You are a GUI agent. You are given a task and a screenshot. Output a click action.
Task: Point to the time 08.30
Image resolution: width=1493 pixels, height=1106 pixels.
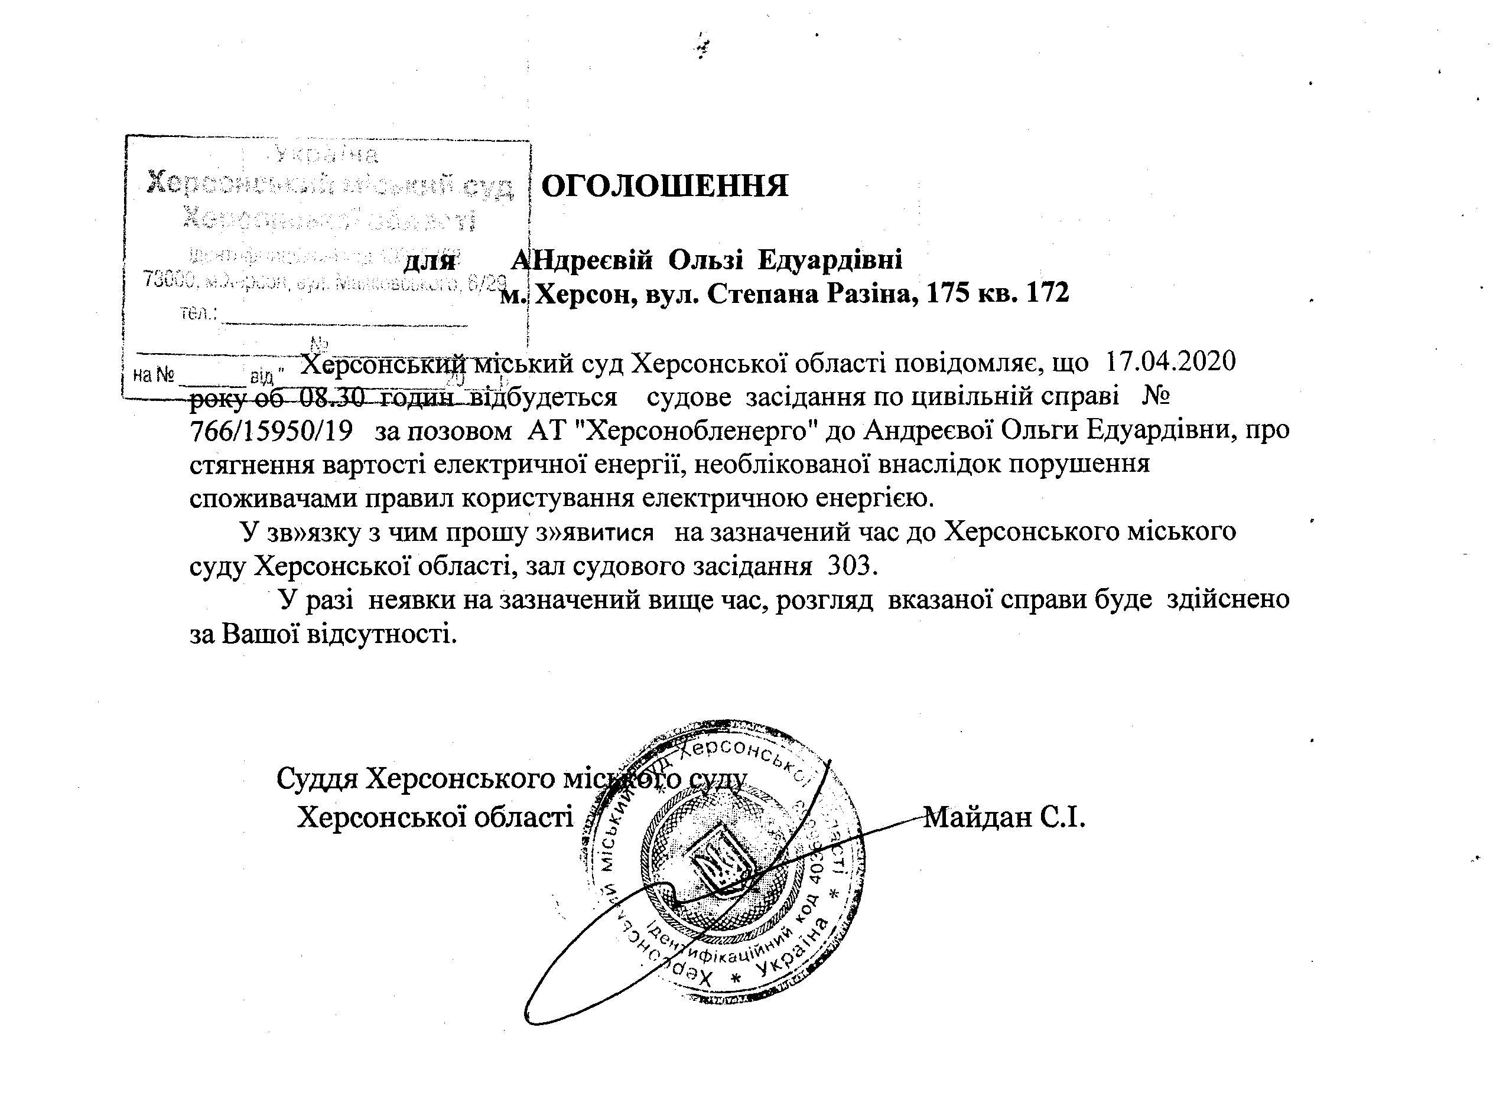[x=332, y=397]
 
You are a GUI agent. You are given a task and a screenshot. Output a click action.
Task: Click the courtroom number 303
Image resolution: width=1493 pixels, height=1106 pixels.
[x=851, y=566]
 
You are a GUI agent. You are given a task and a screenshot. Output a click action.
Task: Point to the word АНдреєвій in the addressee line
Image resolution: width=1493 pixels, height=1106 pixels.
[x=581, y=259]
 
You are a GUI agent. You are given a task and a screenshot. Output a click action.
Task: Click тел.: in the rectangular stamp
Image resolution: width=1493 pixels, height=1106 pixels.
[x=199, y=312]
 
